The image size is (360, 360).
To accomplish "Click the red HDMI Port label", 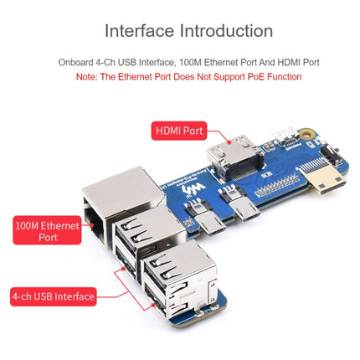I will pos(178,131).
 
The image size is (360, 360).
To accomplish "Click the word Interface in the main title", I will pos(139,31).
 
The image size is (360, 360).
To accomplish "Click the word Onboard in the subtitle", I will pos(77,62).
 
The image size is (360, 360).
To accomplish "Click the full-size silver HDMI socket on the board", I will pos(224,158).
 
